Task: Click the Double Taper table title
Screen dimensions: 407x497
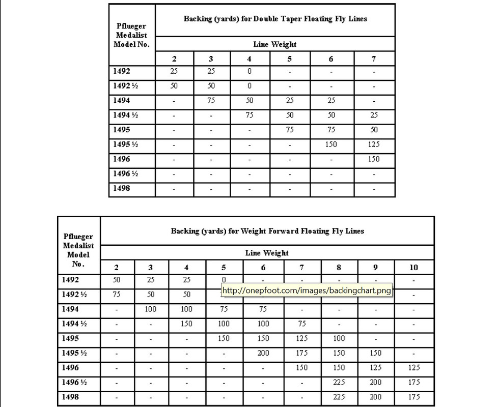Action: (275, 19)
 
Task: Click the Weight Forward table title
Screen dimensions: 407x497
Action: (267, 230)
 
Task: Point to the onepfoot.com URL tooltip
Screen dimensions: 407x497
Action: (307, 291)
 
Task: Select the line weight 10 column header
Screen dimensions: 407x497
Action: (414, 268)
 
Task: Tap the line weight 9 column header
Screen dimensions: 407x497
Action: (376, 268)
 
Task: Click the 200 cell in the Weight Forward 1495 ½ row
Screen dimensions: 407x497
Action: (263, 353)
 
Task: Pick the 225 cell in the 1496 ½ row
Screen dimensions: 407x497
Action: (339, 382)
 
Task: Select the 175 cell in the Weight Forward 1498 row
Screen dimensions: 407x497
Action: (414, 397)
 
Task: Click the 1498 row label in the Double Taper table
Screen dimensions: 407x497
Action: (122, 188)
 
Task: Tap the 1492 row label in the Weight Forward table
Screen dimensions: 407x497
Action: (70, 279)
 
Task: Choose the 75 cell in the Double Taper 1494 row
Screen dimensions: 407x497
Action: (211, 101)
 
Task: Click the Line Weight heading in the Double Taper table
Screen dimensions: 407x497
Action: (275, 44)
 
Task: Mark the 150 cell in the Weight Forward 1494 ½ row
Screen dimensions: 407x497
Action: (187, 324)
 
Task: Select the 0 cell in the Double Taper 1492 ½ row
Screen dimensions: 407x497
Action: (250, 86)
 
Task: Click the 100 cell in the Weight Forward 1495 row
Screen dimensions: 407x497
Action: (339, 338)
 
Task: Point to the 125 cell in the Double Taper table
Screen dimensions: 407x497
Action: (374, 144)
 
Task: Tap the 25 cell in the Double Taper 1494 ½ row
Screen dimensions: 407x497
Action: (374, 115)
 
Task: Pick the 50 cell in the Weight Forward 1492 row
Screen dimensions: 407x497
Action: (117, 279)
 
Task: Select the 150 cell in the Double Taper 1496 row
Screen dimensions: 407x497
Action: (374, 159)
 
